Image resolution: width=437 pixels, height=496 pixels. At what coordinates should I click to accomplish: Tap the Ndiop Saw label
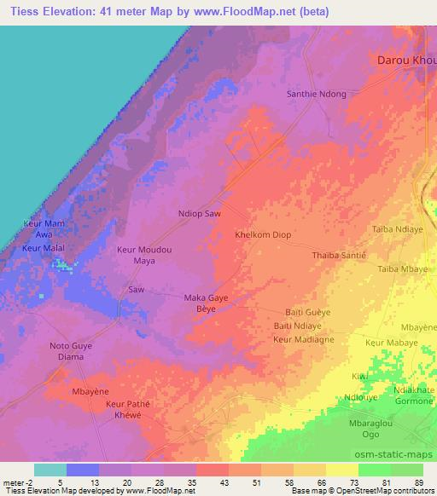tap(200, 213)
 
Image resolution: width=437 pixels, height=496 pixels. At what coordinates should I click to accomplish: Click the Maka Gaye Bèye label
tap(208, 303)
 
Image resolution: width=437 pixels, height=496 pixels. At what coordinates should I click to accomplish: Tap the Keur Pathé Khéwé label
tap(126, 408)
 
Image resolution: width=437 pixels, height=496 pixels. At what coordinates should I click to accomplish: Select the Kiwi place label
tap(358, 376)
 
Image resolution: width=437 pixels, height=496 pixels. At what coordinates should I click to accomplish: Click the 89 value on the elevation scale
tap(418, 482)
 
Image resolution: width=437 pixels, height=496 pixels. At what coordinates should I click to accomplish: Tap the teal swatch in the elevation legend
tap(50, 470)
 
